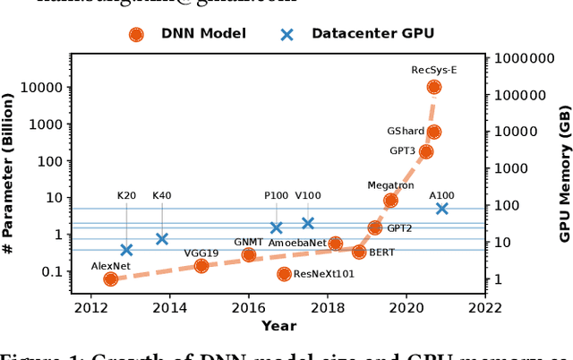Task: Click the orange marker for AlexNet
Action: [110, 279]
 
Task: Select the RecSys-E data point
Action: [433, 87]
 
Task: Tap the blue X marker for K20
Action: [126, 250]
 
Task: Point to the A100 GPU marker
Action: [441, 209]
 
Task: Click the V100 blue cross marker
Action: [308, 223]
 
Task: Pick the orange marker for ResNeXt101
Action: [284, 274]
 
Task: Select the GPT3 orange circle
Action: [425, 151]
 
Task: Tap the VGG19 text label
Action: [201, 252]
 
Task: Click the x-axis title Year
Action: [278, 326]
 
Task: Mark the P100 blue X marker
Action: [277, 228]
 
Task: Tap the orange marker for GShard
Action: [433, 132]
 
